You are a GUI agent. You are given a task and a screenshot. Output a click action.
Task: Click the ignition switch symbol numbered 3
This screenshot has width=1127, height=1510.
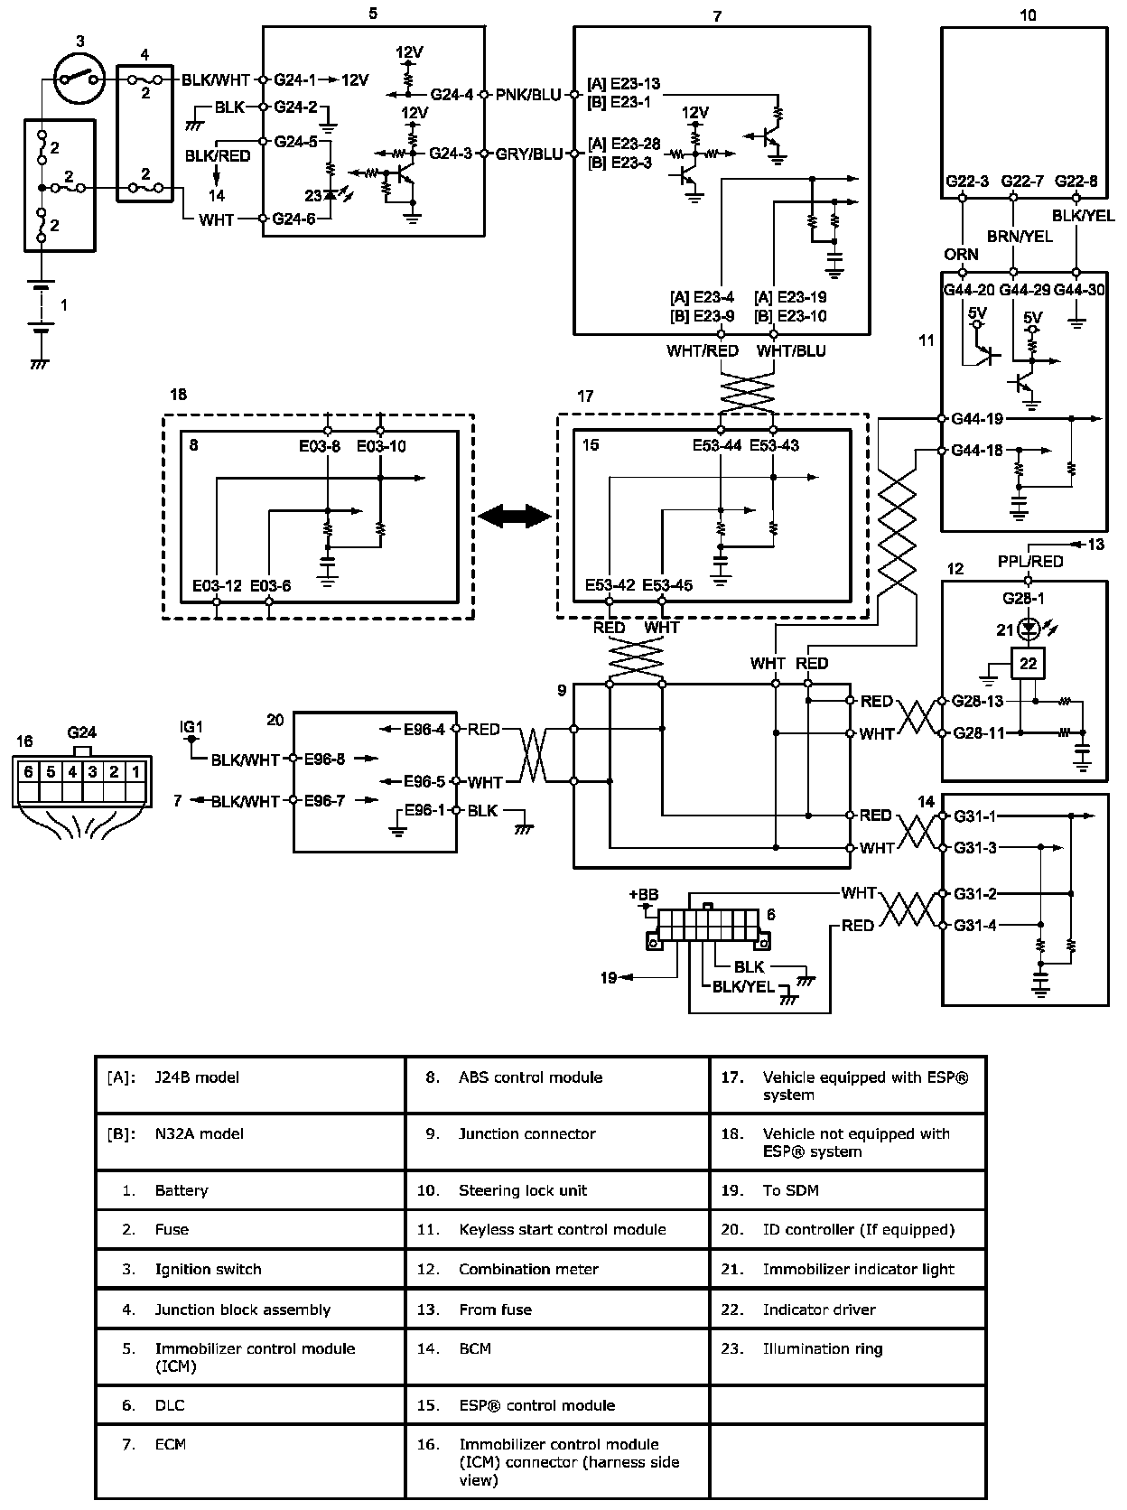[79, 79]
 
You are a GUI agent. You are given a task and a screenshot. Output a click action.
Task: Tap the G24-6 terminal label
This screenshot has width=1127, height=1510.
[293, 219]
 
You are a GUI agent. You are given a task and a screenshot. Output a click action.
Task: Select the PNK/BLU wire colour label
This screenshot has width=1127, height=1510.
[528, 95]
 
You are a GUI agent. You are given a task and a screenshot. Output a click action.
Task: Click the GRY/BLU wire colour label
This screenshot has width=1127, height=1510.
[529, 154]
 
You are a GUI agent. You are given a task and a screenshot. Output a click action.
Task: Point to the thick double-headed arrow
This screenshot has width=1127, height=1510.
[515, 516]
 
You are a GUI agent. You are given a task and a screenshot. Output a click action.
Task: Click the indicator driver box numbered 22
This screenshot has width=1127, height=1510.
[1028, 664]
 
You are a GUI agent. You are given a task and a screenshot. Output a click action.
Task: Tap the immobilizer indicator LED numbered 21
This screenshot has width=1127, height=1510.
[1028, 628]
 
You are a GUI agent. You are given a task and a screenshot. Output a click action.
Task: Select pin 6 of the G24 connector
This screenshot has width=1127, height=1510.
[28, 772]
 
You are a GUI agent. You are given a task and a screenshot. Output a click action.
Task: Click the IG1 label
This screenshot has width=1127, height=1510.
[191, 726]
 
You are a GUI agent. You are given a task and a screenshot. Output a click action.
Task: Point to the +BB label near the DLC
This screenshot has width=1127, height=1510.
[644, 894]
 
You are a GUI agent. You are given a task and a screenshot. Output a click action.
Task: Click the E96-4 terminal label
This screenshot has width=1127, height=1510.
[424, 729]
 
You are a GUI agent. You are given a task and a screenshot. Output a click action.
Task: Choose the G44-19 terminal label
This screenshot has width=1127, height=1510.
[977, 418]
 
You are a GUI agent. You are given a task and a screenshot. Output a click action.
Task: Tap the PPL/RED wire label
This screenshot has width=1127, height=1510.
[1030, 562]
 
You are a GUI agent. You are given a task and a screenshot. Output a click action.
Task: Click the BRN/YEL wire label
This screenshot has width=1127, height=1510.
[1020, 237]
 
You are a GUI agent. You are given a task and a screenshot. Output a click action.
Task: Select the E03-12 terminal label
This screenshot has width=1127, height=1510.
[217, 585]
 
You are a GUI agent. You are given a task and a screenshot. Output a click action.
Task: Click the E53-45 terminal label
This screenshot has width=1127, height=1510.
[667, 585]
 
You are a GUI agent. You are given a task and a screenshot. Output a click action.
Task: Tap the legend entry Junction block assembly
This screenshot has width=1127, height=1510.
[243, 1310]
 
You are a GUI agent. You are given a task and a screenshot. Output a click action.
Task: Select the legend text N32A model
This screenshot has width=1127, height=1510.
[199, 1133]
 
